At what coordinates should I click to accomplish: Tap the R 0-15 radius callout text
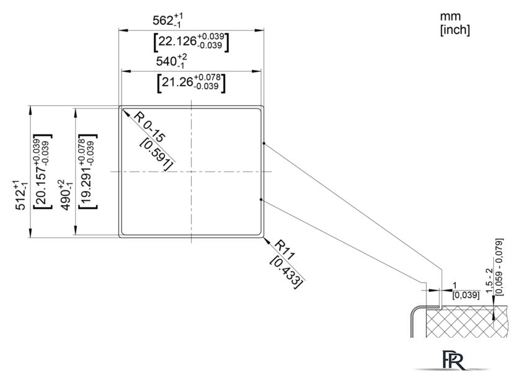149,127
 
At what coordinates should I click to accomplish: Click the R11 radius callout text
285,250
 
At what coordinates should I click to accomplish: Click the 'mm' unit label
450,16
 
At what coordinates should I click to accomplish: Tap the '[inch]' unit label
455,30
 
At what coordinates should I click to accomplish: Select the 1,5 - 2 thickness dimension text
489,281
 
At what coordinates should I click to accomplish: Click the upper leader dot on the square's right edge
264,143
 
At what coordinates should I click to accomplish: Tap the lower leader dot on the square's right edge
261,200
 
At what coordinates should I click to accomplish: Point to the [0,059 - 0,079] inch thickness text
499,267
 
